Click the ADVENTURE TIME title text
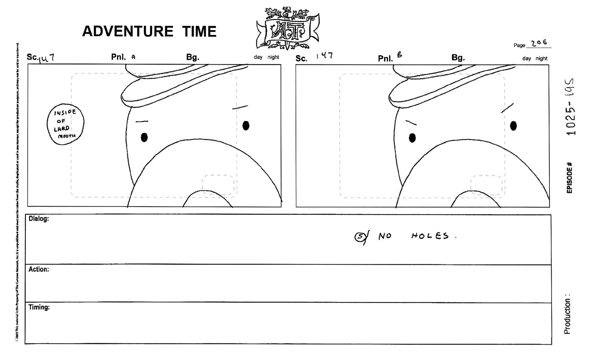tap(149, 31)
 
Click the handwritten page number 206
tap(539, 43)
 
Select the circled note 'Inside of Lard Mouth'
tap(65, 124)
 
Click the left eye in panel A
tap(144, 137)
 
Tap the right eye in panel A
tap(246, 126)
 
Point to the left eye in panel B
tap(412, 138)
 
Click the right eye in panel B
tap(513, 126)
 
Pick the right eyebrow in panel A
tap(240, 107)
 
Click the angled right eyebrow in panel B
tap(507, 108)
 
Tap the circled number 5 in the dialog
tap(360, 237)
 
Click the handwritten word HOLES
tap(430, 237)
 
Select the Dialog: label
tap(39, 219)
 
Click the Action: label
tap(39, 269)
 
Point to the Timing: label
tap(39, 307)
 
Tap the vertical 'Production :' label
tap(567, 314)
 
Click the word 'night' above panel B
tap(541, 58)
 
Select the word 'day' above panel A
tap(258, 57)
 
